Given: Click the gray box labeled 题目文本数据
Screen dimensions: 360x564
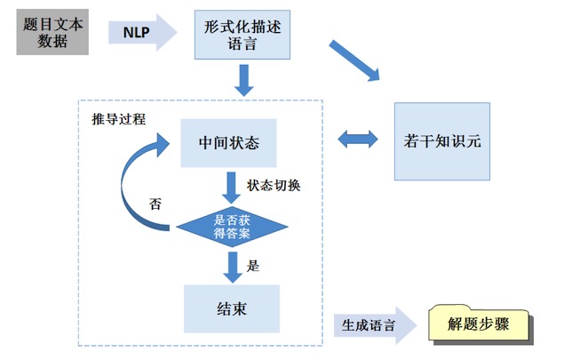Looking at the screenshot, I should (53, 32).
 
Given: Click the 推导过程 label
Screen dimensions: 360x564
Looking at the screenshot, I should (119, 119).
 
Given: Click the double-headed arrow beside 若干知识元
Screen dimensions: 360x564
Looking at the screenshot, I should (357, 140).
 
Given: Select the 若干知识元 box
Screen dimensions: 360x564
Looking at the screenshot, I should (441, 140).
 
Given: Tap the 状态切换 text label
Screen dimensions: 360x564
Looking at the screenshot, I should (274, 186).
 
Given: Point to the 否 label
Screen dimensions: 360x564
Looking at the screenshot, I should (155, 202).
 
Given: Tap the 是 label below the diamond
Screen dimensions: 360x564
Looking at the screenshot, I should (252, 264).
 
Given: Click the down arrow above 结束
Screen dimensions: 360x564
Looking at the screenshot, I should (232, 266).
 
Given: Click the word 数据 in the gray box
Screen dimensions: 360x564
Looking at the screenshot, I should (53, 41).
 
